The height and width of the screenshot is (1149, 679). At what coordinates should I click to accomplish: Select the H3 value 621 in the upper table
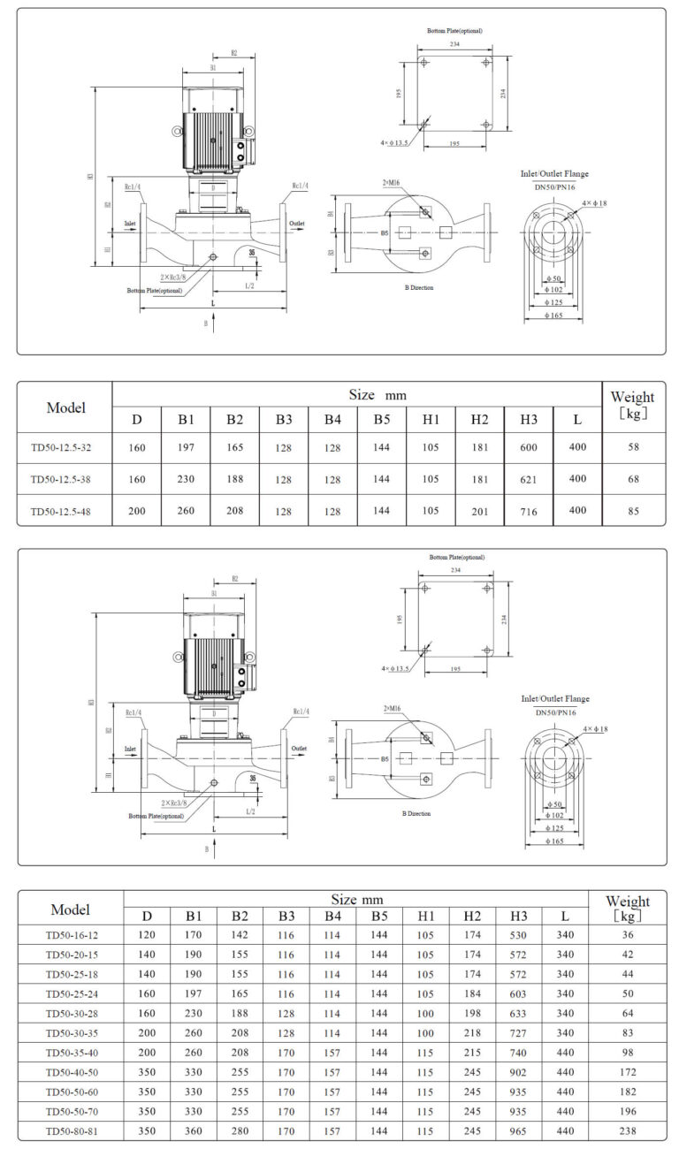click(529, 479)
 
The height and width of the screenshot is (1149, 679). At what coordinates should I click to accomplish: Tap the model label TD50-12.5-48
click(61, 512)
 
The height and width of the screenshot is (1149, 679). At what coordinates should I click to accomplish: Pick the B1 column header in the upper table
click(186, 419)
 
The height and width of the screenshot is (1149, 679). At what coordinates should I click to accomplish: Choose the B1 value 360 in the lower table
click(194, 1130)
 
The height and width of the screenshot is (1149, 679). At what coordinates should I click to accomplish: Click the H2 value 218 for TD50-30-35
click(471, 1032)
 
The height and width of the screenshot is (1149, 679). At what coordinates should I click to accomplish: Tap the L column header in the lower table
click(565, 916)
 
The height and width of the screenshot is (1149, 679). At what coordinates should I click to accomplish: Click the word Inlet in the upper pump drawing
click(130, 224)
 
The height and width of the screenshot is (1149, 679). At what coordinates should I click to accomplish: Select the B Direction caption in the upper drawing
click(417, 287)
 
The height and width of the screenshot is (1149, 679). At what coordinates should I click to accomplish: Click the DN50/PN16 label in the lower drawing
click(554, 711)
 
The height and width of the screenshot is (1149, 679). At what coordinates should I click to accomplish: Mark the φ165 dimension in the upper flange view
click(553, 315)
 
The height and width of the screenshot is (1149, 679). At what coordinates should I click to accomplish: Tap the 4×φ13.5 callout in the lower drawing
click(395, 668)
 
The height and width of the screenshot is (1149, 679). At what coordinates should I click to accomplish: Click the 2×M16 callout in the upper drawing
click(392, 182)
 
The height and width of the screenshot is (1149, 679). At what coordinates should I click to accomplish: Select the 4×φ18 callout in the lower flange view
click(595, 728)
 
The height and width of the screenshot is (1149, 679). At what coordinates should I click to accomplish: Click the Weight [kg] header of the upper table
click(632, 405)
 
